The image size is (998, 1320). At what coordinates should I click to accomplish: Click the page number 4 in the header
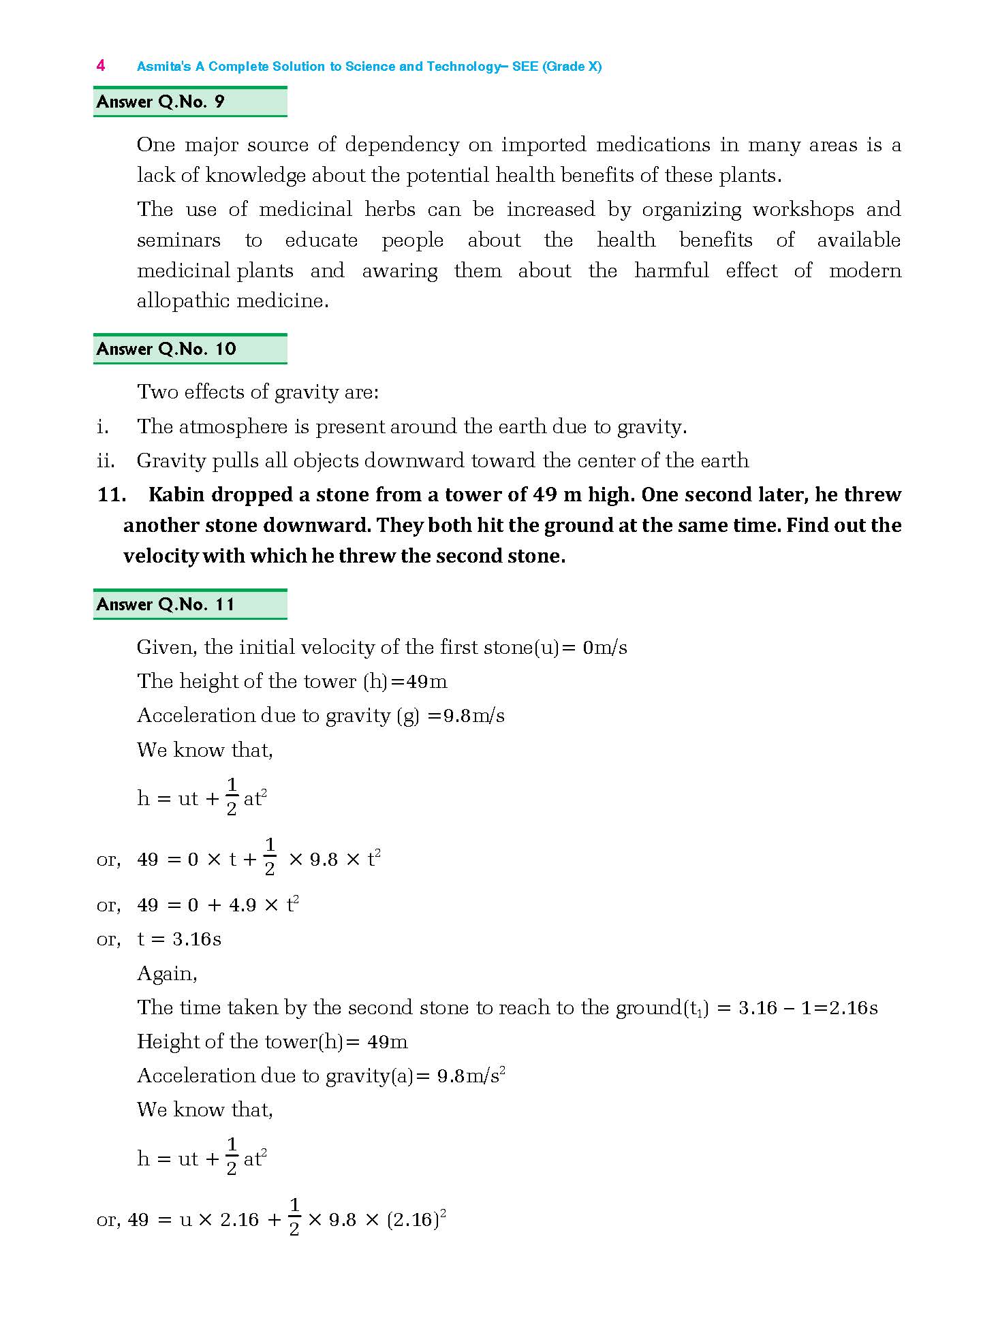coord(101,65)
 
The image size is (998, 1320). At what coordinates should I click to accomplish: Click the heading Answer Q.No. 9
coord(161,102)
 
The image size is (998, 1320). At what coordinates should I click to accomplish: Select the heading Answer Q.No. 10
coord(166,349)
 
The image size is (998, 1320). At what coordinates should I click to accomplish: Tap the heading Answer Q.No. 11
coord(166,605)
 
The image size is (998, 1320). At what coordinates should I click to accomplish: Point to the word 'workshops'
coord(803,209)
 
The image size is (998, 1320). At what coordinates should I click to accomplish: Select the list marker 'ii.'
coord(106,461)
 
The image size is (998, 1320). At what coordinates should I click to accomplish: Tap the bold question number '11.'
coord(112,494)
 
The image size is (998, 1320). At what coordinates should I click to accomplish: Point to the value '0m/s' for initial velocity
coord(604,647)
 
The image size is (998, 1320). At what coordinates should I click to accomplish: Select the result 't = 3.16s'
coord(179,939)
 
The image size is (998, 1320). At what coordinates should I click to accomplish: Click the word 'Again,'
coord(167,973)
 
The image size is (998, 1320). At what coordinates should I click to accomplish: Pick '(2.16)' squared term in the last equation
coord(413,1220)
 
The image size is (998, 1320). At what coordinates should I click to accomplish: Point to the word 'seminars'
coord(178,240)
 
